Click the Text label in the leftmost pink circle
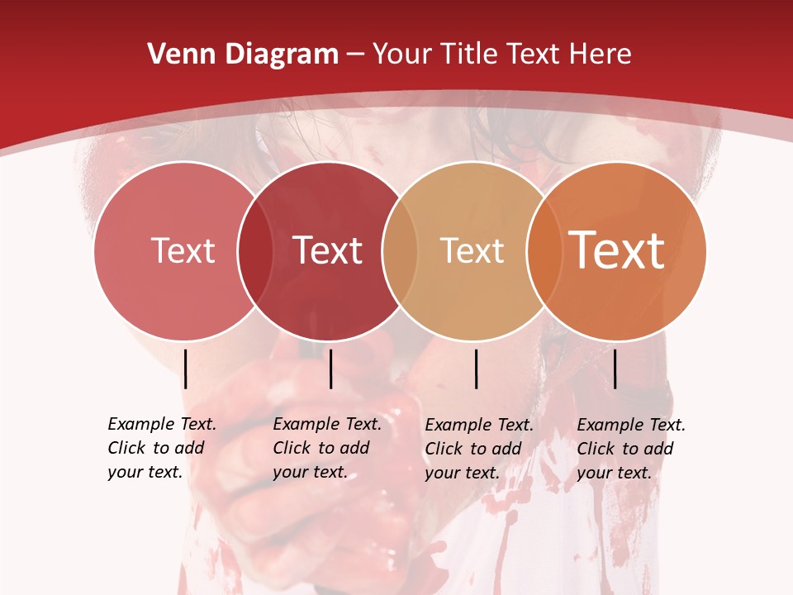183,250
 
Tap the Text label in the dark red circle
328,250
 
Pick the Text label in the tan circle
472,250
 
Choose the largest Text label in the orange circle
617,250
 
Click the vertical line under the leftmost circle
186,369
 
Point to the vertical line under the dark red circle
330,369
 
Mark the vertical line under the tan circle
477,369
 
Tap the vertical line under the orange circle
615,369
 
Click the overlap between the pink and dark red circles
255,250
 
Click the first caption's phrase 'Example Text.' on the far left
162,424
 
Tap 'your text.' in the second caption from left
310,472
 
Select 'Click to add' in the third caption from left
473,449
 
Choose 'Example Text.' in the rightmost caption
631,425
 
